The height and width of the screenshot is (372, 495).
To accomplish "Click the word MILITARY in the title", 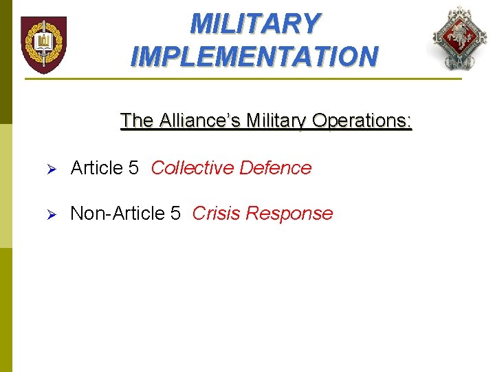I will coord(254,24).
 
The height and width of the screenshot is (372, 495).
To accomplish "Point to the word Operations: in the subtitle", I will coord(362,121).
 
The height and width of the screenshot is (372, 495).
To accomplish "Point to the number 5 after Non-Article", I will coord(175,214).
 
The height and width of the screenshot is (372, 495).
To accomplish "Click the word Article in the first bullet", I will coord(96,168).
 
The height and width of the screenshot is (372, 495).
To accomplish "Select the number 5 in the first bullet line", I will coord(134,168).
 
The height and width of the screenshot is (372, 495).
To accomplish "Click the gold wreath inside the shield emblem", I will coord(43,42).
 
